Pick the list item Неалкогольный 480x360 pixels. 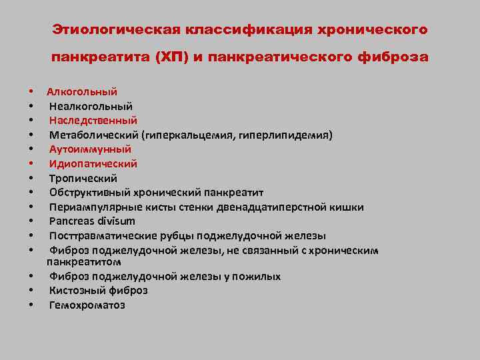tap(91, 106)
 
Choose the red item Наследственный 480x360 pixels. tap(93, 121)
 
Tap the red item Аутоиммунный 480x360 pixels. tap(90, 149)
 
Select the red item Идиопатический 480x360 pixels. tap(93, 164)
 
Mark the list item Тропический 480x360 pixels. tap(83, 178)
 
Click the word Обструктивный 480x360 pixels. tap(84, 193)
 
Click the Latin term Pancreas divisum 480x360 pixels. tap(92, 221)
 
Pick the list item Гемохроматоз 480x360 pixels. tap(87, 305)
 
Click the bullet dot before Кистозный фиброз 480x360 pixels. tap(31, 291)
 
